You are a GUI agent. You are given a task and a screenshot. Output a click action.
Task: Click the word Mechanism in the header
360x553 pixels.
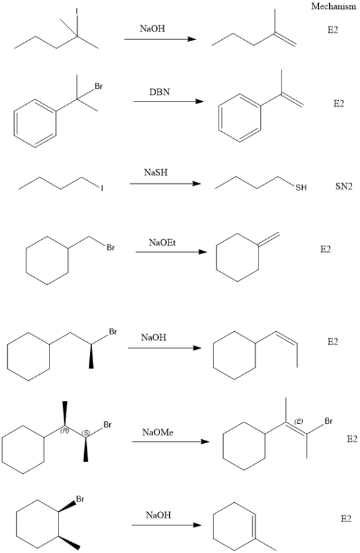point(334,6)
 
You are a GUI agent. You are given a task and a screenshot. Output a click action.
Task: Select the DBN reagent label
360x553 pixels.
point(159,92)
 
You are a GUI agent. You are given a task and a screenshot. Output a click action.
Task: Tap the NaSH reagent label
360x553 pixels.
point(156,172)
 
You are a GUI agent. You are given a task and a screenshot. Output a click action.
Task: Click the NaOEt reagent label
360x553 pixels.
point(162,242)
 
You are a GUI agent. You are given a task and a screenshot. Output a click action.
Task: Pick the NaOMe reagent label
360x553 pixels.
point(157,432)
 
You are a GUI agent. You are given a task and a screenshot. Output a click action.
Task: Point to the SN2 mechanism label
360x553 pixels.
point(344,186)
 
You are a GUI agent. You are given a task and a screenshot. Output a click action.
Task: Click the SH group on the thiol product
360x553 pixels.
point(301,188)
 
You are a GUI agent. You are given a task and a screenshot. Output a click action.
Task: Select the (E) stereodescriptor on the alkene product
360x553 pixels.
point(299,421)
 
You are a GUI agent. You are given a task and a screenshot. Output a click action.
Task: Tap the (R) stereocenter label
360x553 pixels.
point(64,430)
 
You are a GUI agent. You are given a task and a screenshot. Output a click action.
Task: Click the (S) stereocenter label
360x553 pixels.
point(85,433)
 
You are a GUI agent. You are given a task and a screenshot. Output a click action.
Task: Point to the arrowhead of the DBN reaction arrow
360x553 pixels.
point(200,102)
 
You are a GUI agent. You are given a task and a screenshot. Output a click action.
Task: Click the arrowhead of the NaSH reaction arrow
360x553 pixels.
point(197,184)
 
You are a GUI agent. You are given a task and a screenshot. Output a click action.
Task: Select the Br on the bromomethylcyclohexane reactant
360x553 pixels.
point(111,248)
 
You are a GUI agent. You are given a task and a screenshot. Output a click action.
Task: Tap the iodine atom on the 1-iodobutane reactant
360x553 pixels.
point(102,188)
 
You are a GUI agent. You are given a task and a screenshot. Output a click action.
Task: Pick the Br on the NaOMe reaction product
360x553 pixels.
point(328,421)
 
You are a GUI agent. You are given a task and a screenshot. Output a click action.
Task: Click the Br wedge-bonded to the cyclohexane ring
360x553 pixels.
point(80,499)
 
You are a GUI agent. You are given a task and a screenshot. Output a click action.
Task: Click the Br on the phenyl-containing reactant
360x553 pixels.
point(99,86)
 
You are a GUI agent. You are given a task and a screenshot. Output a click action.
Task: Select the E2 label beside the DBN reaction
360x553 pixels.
point(339,104)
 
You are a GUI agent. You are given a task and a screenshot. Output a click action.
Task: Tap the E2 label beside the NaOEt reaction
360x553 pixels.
point(326,249)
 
